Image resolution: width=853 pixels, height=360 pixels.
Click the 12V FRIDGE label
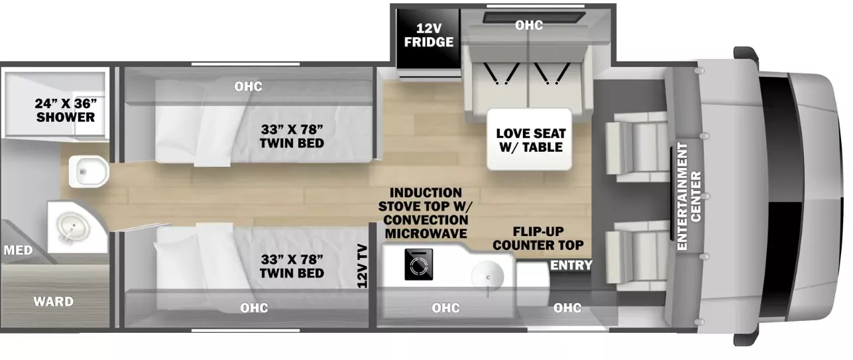pos(428,35)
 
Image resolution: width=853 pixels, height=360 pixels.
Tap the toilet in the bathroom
pos(89,172)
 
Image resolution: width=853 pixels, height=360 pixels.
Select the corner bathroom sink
pos(73,228)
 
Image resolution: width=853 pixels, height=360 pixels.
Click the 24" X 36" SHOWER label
pos(66,110)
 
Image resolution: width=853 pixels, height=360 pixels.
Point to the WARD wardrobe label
pos(53,302)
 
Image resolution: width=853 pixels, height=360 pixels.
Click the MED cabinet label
pos(19,251)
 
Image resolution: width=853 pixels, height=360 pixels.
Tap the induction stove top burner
pos(419,265)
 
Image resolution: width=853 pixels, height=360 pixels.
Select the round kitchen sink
pos(487,277)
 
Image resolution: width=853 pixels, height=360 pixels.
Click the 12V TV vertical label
pos(362,267)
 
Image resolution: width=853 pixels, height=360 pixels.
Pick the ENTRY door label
pos(571,265)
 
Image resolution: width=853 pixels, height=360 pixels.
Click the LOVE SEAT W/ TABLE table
pos(530,139)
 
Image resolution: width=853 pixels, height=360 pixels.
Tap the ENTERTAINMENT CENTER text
pos(689,196)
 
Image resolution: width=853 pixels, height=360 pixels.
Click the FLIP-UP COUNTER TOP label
pos(538,238)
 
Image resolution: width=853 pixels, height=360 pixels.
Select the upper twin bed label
pos(292,136)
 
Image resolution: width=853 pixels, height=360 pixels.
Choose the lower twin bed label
pos(292,267)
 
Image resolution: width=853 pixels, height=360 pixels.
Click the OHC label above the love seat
pos(529,25)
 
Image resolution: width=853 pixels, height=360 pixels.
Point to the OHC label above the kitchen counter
pos(445,308)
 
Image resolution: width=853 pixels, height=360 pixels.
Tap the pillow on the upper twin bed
pos(213,136)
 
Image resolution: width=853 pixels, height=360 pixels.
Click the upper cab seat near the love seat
pos(637,147)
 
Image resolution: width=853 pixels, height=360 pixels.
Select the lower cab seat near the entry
pos(637,256)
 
